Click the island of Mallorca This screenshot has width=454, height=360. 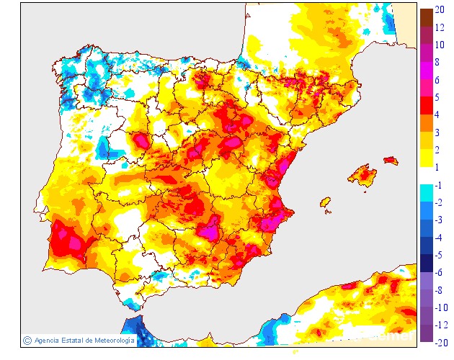[x=362, y=174]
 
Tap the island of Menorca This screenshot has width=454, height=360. [x=391, y=160]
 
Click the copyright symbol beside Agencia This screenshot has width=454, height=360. [x=27, y=340]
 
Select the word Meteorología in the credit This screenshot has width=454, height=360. [x=110, y=340]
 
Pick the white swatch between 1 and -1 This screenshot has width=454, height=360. [x=427, y=176]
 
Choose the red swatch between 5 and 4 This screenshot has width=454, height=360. [x=427, y=105]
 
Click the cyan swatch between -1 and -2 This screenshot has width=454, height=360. [x=427, y=193]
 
